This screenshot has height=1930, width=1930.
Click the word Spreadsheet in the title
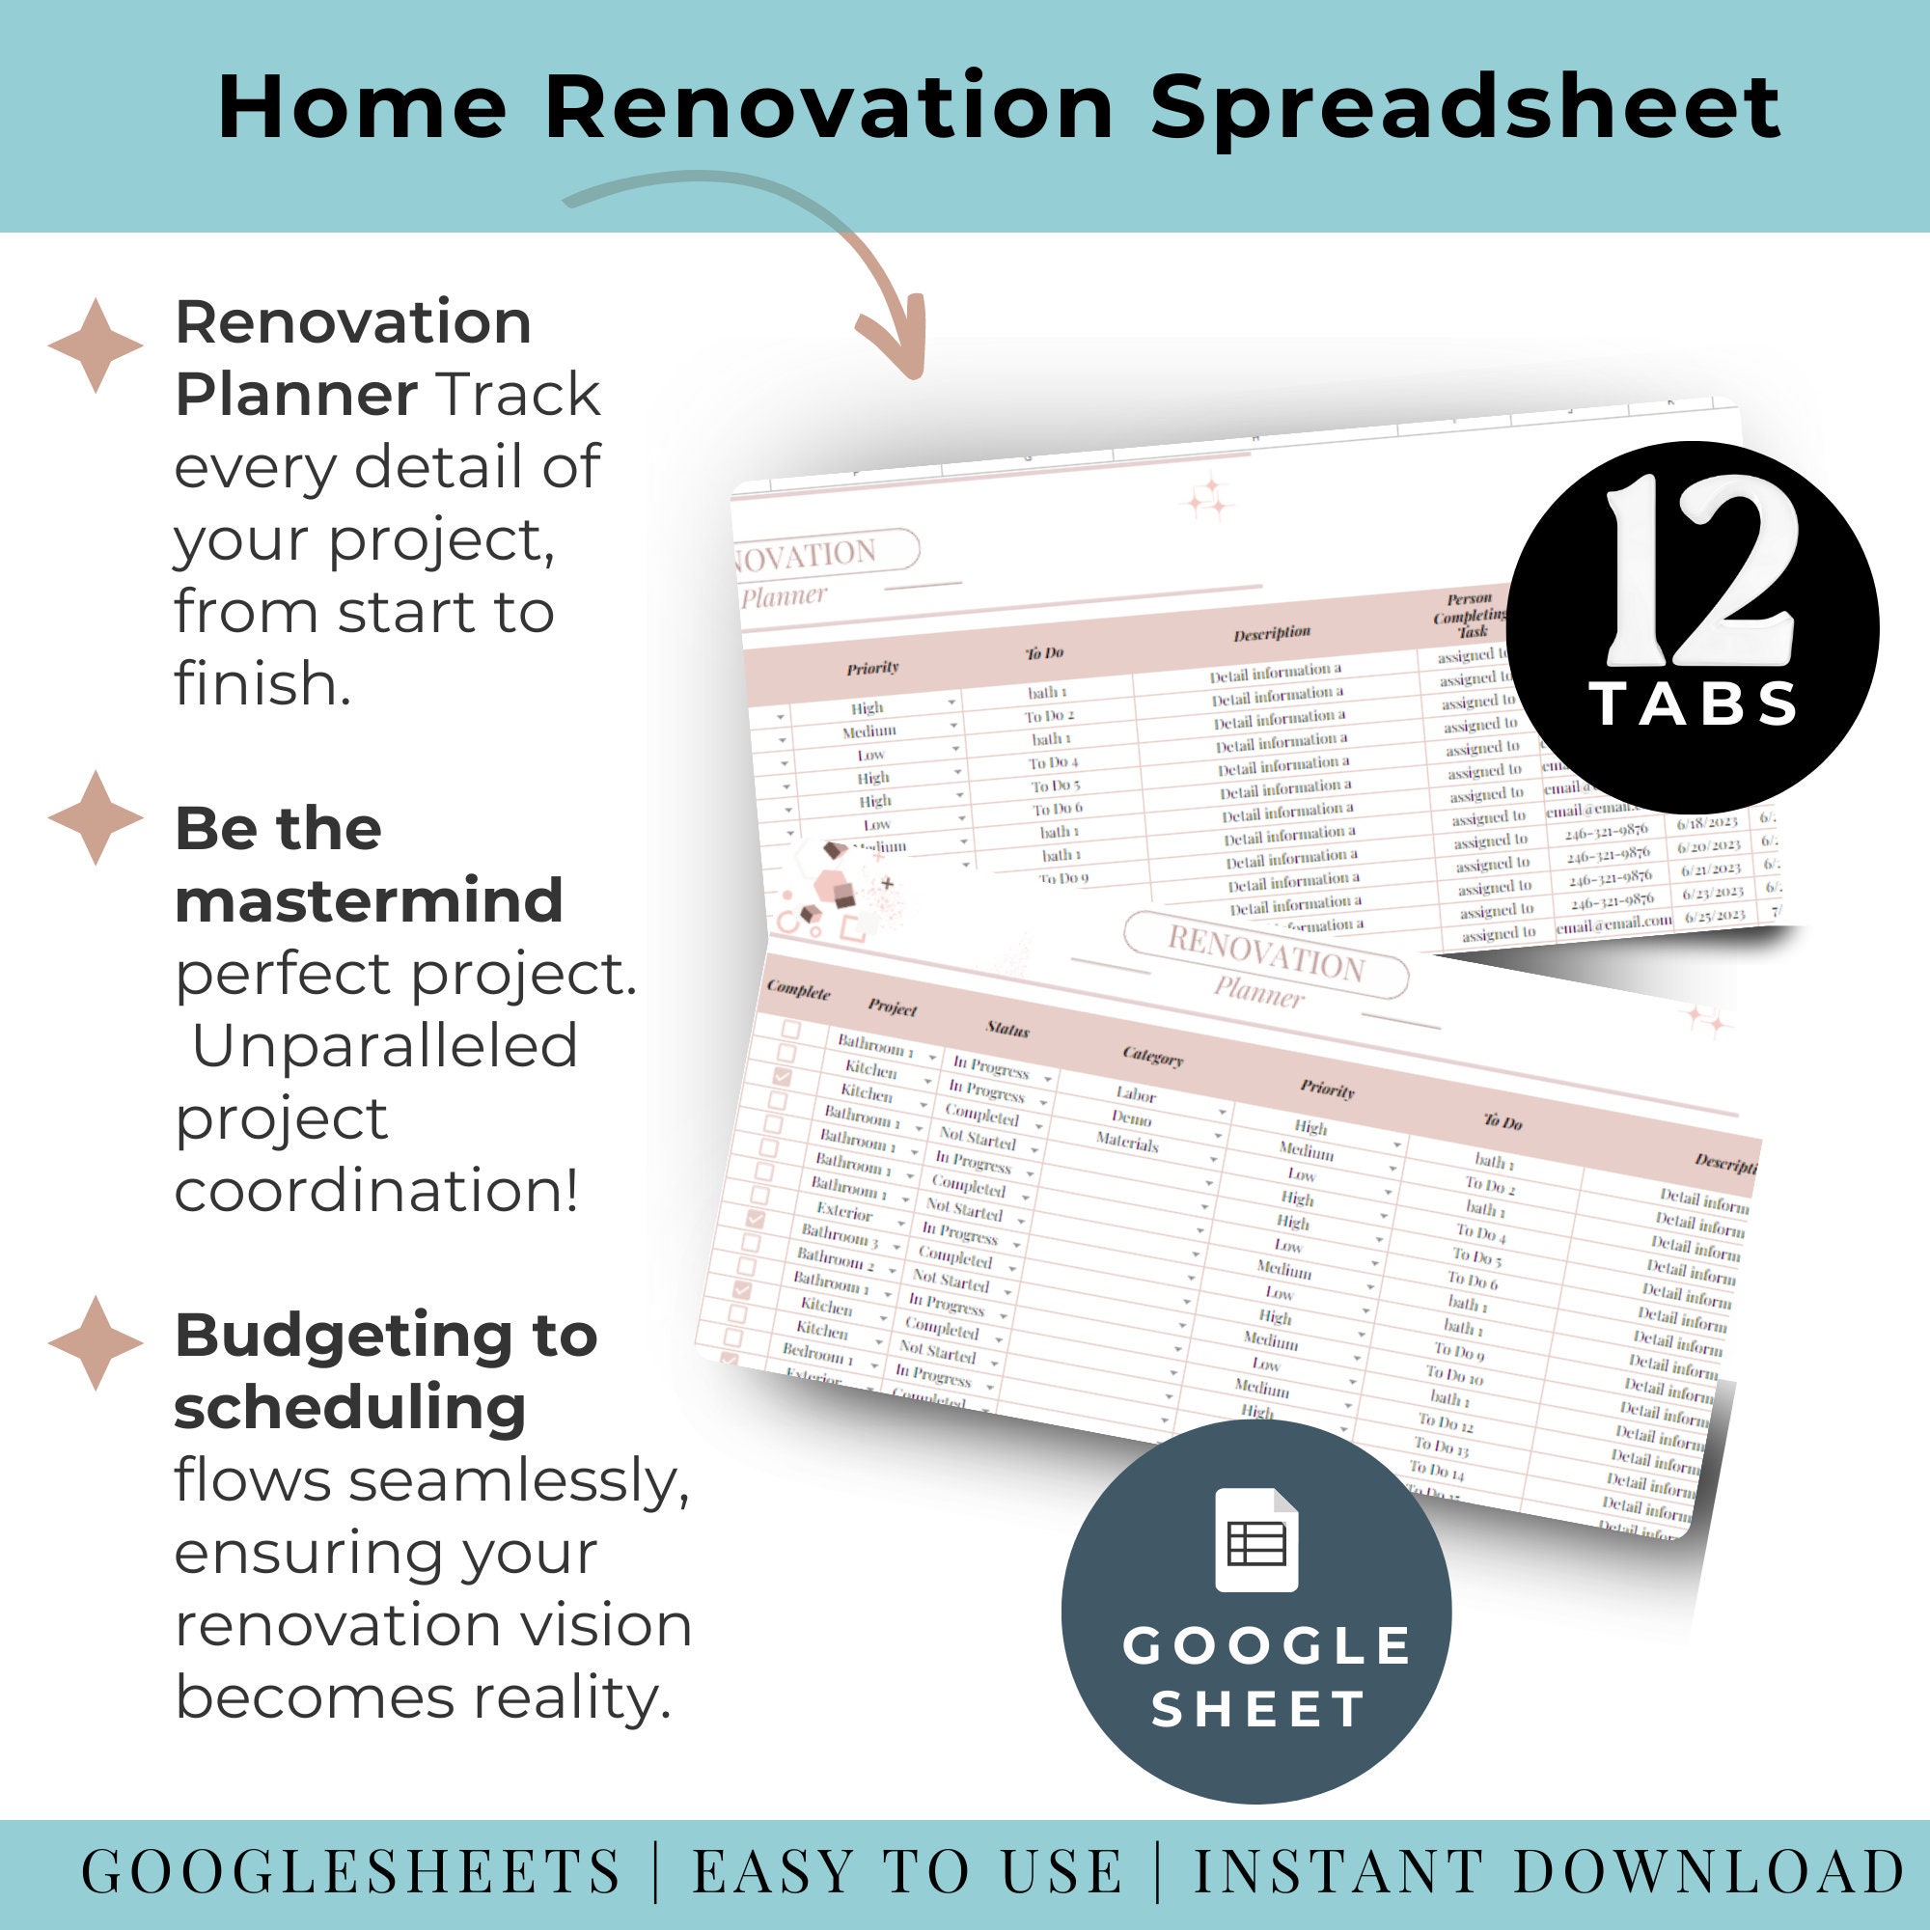point(1467,108)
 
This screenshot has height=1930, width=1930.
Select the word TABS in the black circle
point(1695,704)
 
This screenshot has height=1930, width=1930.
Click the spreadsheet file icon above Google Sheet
point(1255,1539)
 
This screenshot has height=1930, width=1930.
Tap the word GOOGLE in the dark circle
point(1267,1645)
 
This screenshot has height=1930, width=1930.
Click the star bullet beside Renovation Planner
point(96,345)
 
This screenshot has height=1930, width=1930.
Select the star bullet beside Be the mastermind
point(96,817)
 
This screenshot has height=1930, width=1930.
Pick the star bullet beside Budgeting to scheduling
point(96,1342)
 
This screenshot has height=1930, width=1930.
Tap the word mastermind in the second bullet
point(369,901)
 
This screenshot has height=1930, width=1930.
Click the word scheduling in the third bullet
point(349,1408)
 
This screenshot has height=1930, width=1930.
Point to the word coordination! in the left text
point(376,1191)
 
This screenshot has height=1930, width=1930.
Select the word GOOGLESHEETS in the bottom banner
point(350,1871)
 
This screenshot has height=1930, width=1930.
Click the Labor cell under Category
point(1136,1095)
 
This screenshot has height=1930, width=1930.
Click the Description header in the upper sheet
point(1271,633)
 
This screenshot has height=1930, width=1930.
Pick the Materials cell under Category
point(1127,1143)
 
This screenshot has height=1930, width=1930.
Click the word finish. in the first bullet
point(262,684)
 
